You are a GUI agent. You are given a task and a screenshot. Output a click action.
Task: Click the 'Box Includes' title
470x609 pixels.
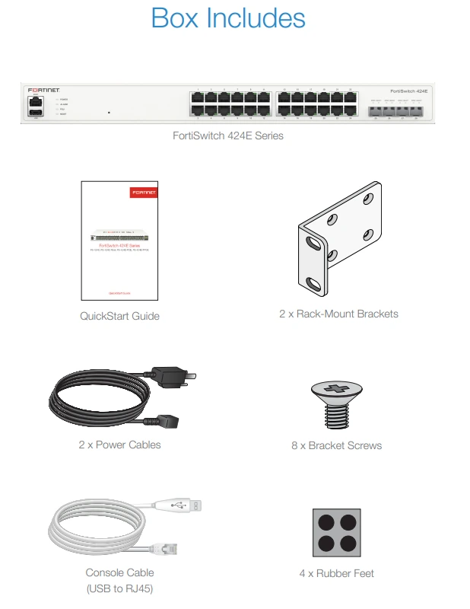228,18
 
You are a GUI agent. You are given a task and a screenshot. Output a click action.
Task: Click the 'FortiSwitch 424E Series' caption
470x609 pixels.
227,137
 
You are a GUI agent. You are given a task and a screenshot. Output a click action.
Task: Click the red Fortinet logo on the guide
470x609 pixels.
143,194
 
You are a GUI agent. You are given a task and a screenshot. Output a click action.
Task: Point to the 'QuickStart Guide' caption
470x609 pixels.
119,316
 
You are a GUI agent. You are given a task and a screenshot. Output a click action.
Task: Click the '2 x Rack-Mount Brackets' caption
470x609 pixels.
338,314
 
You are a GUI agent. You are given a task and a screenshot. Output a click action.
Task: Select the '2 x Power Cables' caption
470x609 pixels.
119,445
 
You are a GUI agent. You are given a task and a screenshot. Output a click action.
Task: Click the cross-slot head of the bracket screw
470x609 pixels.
336,391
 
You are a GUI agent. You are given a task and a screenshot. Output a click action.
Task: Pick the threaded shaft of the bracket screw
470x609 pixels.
336,416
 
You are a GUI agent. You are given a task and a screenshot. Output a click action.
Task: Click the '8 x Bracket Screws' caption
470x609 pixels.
336,445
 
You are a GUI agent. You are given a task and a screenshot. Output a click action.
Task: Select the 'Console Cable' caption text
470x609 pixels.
119,572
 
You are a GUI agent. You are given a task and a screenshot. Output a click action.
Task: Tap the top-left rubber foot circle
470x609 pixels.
326,522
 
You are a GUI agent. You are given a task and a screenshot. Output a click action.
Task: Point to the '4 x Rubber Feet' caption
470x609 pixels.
336,573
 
